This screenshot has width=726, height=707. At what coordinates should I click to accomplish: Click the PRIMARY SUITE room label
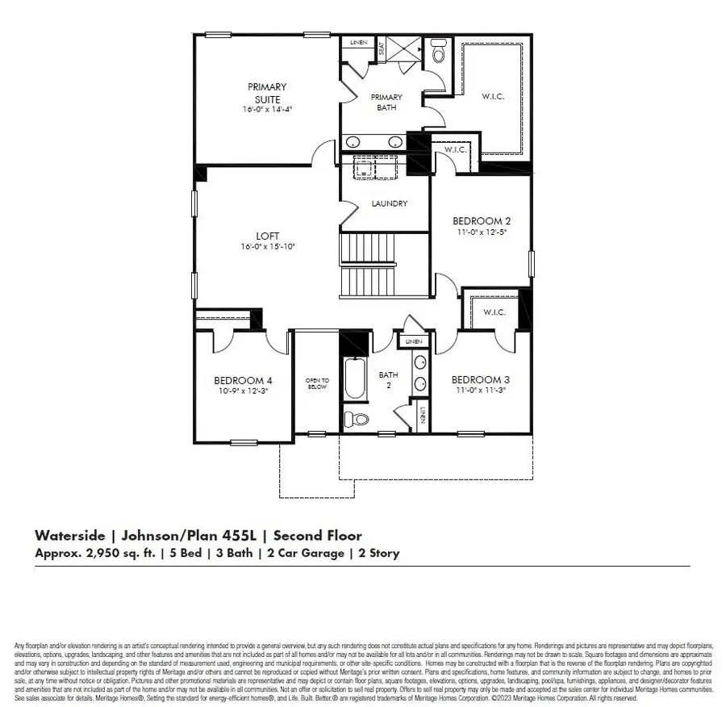tap(267, 92)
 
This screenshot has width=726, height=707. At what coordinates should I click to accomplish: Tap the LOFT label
tap(267, 236)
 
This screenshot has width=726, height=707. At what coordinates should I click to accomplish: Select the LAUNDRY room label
tap(388, 204)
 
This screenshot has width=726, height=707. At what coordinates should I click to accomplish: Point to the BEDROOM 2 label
tap(481, 220)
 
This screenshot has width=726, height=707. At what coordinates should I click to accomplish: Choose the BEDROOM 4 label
tap(243, 380)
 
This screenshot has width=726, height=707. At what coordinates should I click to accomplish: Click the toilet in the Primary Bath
tap(438, 52)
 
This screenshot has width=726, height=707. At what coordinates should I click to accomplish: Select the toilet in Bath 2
tap(355, 419)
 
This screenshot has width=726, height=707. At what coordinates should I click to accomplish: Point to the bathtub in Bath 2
tap(355, 377)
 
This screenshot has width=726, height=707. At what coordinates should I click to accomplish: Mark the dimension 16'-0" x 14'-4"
tap(267, 108)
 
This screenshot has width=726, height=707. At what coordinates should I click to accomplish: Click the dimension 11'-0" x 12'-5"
tap(481, 231)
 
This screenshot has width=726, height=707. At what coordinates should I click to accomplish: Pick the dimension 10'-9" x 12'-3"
tap(243, 391)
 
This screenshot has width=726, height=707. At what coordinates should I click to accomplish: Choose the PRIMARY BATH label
tap(386, 102)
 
